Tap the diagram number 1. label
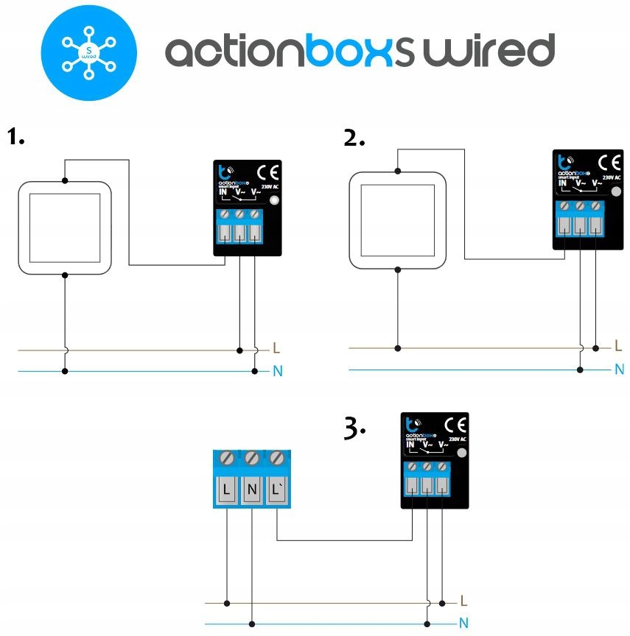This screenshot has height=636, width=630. [16, 137]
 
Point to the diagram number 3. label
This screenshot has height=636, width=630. [354, 428]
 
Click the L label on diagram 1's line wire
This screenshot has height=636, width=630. [276, 347]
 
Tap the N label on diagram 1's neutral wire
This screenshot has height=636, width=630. [277, 372]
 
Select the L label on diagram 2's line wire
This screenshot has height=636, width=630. [618, 345]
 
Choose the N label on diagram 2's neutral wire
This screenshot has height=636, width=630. [618, 370]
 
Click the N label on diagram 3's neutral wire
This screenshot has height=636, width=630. [463, 623]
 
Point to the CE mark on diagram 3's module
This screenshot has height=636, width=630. [455, 425]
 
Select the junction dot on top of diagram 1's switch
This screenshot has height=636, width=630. [65, 180]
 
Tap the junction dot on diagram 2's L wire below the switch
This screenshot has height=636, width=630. [398, 347]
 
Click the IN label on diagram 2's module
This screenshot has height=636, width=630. [562, 183]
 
